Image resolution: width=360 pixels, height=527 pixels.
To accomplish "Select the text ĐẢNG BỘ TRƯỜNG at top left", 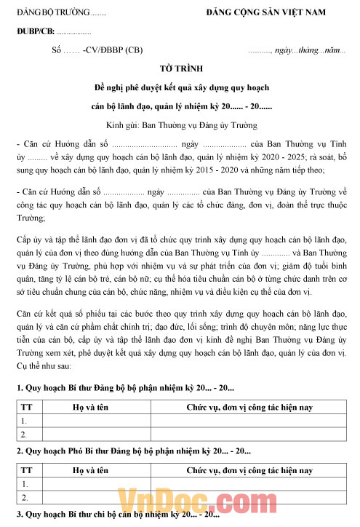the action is (54, 14).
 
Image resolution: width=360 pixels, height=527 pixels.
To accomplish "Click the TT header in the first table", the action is (26, 405).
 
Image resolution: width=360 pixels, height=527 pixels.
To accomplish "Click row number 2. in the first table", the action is (25, 435).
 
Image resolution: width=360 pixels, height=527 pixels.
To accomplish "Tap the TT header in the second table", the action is (26, 469).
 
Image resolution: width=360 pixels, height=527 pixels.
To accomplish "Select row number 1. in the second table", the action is (25, 483).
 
